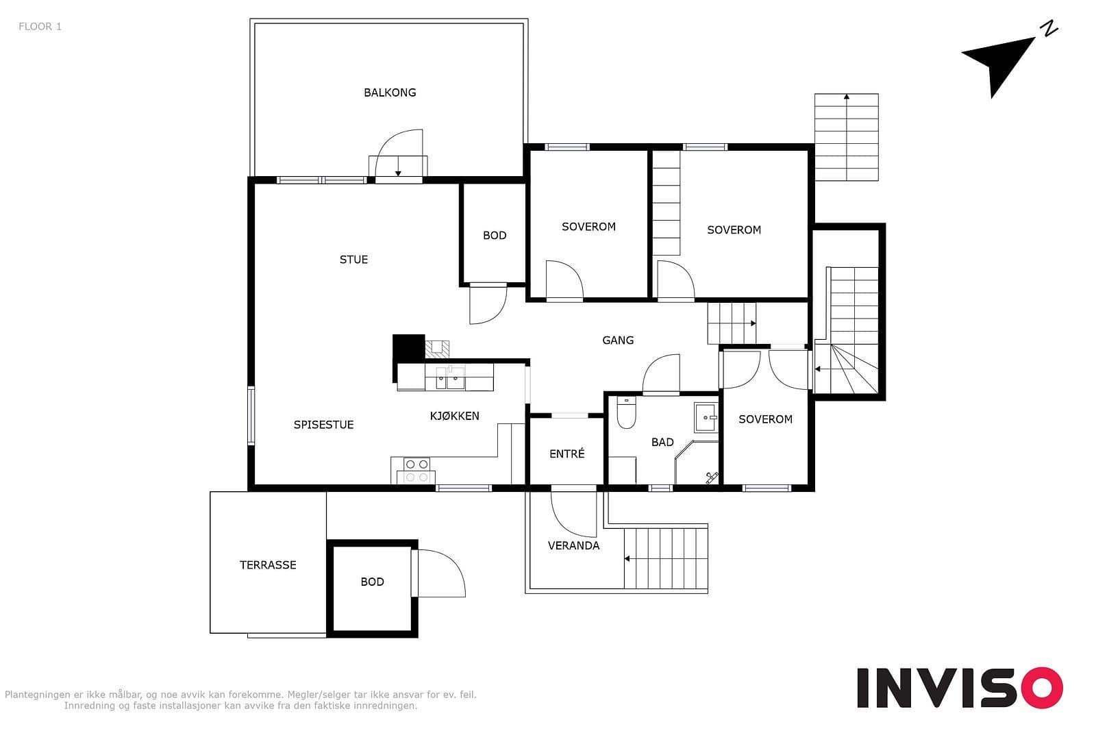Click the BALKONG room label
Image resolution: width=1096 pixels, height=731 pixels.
click(390, 92)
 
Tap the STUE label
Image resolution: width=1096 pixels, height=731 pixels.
click(353, 260)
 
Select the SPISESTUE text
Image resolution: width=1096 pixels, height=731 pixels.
click(323, 425)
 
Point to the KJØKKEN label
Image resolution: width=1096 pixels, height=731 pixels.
click(455, 416)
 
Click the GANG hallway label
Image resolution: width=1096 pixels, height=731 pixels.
click(618, 340)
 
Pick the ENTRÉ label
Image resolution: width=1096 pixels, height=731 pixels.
click(566, 454)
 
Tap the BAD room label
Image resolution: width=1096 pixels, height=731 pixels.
click(662, 443)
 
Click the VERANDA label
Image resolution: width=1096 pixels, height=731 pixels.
click(573, 545)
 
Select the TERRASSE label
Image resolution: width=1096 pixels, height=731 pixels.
click(268, 565)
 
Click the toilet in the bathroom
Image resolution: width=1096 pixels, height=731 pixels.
click(626, 412)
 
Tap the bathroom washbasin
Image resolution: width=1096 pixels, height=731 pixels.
click(706, 417)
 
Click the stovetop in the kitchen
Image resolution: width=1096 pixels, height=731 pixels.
click(417, 470)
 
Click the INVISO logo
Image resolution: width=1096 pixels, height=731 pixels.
click(960, 687)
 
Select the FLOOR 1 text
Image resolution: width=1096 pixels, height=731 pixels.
click(40, 27)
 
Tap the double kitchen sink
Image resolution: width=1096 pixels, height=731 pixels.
click(450, 377)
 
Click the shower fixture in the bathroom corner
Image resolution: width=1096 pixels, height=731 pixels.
click(712, 478)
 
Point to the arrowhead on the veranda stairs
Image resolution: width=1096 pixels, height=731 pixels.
click(627, 559)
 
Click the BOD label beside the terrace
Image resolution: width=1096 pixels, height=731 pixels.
click(373, 582)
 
